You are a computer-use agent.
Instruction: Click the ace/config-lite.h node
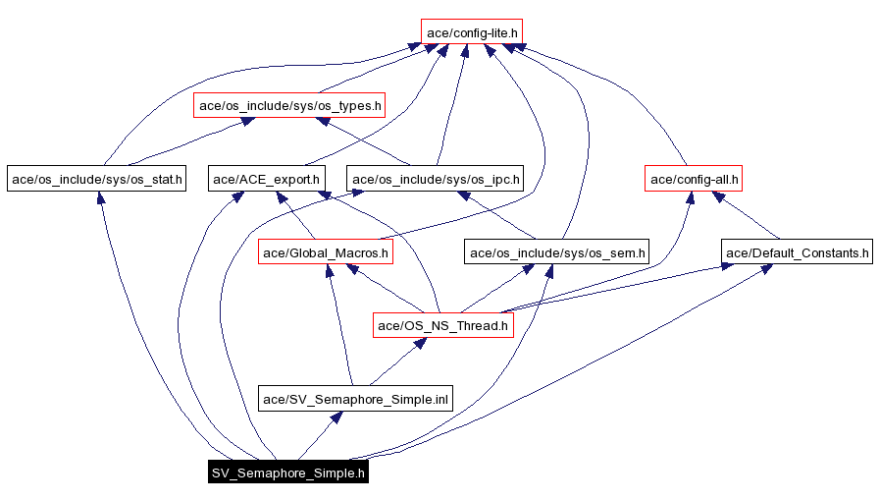pyautogui.click(x=471, y=32)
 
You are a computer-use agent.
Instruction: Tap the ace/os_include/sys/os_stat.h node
pyautogui.click(x=95, y=179)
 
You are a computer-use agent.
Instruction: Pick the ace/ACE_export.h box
pyautogui.click(x=267, y=179)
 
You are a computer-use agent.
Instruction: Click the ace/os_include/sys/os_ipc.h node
pyautogui.click(x=436, y=179)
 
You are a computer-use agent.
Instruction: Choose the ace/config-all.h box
pyautogui.click(x=694, y=179)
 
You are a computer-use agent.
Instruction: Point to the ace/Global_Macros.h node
pyautogui.click(x=326, y=252)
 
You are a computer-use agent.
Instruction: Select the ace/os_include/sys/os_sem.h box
pyautogui.click(x=557, y=252)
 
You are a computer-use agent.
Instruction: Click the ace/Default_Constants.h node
pyautogui.click(x=797, y=252)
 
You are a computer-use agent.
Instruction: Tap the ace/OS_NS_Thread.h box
pyautogui.click(x=443, y=325)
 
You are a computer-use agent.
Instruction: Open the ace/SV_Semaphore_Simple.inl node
pyautogui.click(x=355, y=398)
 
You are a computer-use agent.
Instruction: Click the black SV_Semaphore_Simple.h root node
pyautogui.click(x=288, y=473)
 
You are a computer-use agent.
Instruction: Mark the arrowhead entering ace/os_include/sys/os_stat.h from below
pyautogui.click(x=100, y=197)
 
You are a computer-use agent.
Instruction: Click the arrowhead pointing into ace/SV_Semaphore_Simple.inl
pyautogui.click(x=336, y=417)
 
